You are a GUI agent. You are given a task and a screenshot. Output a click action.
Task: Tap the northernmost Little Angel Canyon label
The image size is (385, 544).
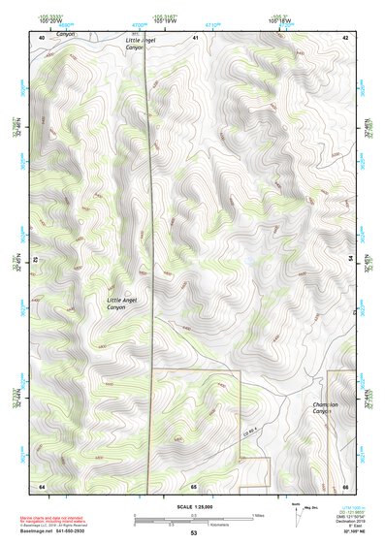[x=126, y=44]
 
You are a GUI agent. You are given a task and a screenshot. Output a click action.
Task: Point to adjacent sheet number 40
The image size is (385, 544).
[x=42, y=37]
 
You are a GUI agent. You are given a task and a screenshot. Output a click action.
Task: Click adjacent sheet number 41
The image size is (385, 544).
[x=195, y=37]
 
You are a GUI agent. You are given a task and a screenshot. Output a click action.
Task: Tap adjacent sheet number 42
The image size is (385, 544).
[x=345, y=37]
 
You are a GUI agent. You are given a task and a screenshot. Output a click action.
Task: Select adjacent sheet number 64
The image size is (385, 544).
[x=42, y=485]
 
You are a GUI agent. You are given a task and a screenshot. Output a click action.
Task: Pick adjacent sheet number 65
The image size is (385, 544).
[x=194, y=485]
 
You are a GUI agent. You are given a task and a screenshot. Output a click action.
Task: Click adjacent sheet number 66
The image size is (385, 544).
[x=345, y=485]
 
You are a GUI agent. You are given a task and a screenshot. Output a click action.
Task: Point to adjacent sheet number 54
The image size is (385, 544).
[x=350, y=259]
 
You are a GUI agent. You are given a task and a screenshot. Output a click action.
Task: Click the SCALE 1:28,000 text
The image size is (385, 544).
[x=193, y=507]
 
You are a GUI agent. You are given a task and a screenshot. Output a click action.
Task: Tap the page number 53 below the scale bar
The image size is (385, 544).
[x=193, y=533]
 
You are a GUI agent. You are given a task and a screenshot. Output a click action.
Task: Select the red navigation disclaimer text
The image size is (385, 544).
[x=48, y=520]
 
